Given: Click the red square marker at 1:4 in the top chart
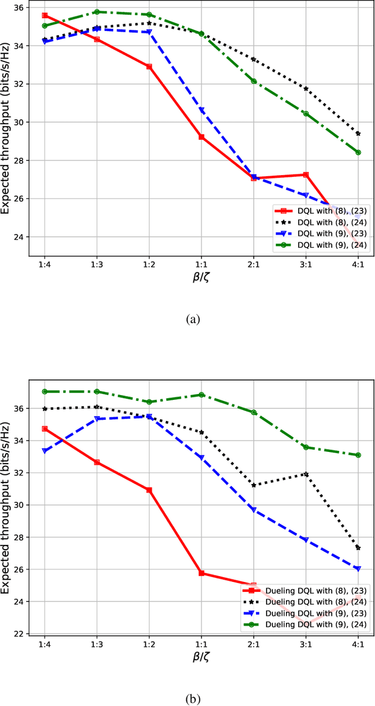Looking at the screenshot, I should (45, 16).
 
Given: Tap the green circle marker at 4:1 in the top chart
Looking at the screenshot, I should (358, 152).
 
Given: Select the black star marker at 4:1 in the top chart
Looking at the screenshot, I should (358, 133).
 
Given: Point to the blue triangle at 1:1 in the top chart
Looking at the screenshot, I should (202, 111).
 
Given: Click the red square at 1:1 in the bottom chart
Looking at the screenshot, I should (202, 573).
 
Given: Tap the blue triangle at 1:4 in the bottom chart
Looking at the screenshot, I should (45, 451).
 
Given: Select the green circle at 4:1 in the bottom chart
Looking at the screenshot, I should (358, 455).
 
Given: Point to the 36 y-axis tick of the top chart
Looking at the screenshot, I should (23, 8).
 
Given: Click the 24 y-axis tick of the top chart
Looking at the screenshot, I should (23, 237).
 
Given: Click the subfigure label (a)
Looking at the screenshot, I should (193, 320).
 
